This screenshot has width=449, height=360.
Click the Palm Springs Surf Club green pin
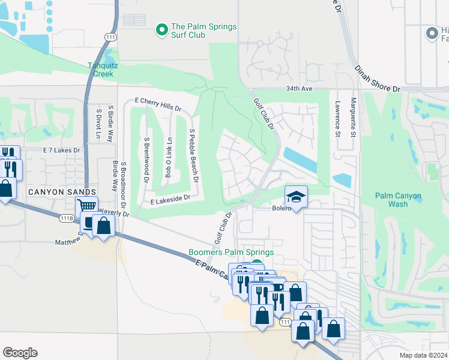(161, 29)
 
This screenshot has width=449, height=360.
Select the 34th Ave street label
(300, 88)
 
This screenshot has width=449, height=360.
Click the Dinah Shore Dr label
(376, 79)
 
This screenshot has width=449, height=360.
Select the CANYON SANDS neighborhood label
(62, 191)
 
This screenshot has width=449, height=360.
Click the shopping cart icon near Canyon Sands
(87, 205)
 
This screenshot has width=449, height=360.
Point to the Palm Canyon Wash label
(398, 200)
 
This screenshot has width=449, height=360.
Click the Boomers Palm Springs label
(231, 253)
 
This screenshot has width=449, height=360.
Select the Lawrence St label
(338, 118)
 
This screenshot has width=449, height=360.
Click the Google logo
(20, 353)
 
